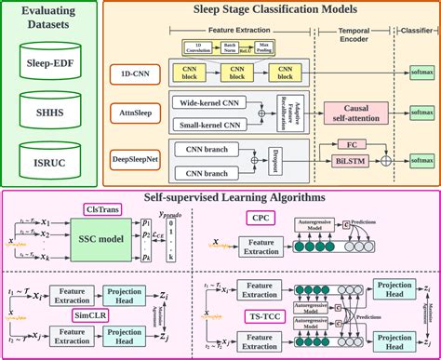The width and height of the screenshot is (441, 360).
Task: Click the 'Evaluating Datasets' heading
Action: pos(53,20)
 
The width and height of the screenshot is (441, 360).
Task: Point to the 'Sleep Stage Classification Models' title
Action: pos(274,11)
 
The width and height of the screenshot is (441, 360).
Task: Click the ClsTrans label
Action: pos(104,210)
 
